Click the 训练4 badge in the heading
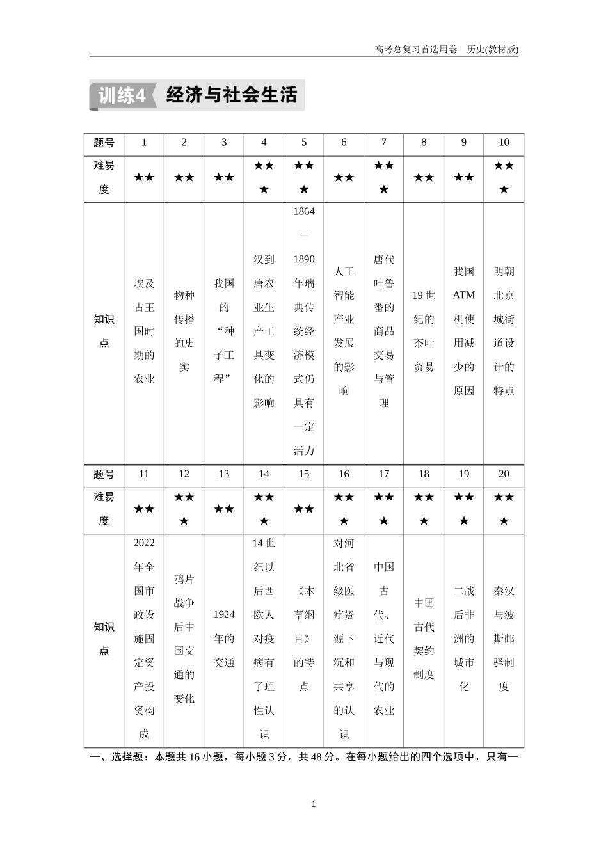click(122, 96)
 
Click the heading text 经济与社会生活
click(232, 95)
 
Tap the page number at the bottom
click(313, 804)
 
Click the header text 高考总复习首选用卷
click(415, 49)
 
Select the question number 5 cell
click(304, 143)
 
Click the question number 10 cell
click(504, 143)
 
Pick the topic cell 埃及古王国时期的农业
click(144, 331)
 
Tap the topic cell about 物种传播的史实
click(184, 331)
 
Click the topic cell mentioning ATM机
click(464, 331)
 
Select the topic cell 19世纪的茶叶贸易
click(424, 331)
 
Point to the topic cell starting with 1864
click(304, 331)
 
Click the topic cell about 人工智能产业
click(344, 331)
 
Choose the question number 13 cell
click(224, 474)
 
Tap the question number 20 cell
click(504, 474)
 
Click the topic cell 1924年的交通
click(224, 639)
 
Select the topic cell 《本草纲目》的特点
click(304, 639)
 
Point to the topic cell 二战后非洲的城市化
click(464, 639)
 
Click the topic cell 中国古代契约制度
click(424, 639)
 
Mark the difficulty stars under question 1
click(144, 178)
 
